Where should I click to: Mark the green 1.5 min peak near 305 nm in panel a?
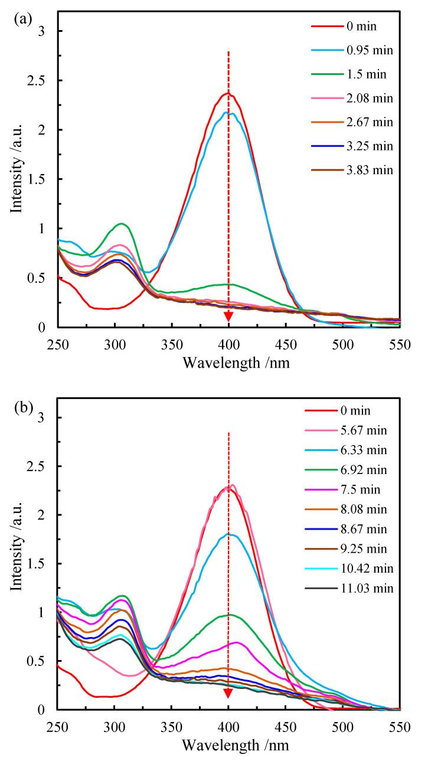(122, 224)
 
